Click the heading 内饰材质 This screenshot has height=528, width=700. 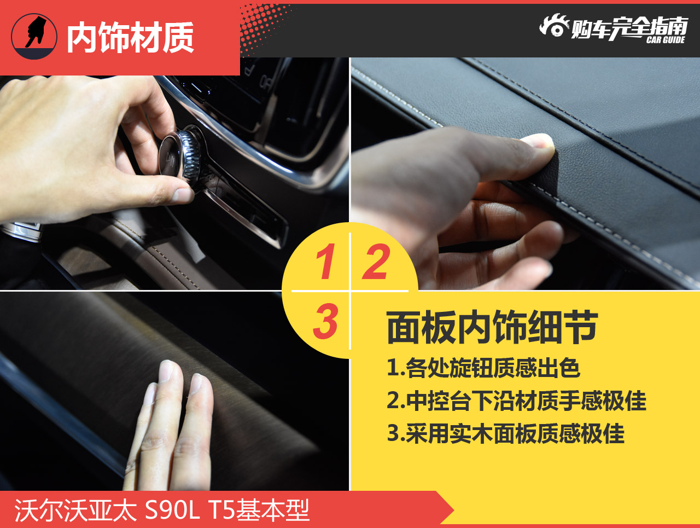130,38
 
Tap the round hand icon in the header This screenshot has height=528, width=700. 34,36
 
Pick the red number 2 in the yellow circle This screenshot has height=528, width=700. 376,262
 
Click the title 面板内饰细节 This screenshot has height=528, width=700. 492,328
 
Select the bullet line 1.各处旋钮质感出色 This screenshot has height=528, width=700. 483,368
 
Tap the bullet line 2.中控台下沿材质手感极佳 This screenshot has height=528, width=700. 516,401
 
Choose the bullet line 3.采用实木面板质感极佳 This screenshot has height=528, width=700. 505,433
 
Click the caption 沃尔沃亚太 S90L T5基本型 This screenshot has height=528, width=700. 162,510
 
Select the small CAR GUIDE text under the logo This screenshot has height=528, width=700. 665,40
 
